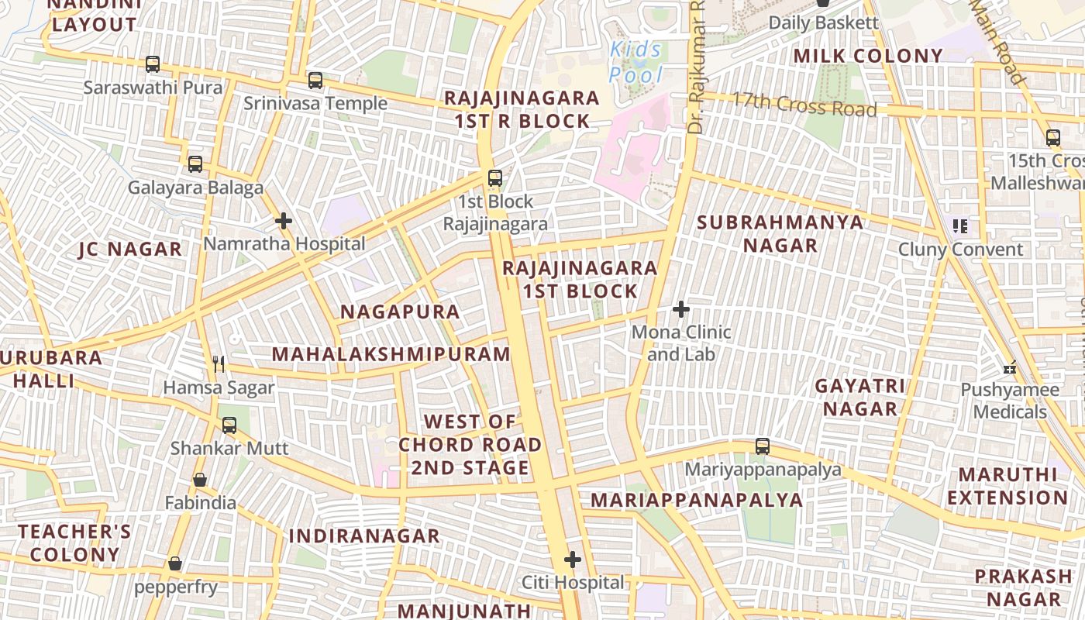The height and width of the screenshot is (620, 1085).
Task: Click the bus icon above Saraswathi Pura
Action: [153, 64]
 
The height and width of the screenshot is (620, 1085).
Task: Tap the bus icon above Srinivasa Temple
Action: [315, 80]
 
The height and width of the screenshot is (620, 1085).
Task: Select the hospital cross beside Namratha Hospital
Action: [284, 221]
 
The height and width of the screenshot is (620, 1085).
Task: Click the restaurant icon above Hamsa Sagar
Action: [219, 363]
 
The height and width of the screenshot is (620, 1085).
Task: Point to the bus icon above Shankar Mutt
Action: [229, 425]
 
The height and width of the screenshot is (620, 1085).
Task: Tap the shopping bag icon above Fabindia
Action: [200, 480]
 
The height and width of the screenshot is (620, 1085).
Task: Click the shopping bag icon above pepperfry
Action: [175, 563]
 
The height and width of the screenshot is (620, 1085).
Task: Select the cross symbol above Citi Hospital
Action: [572, 560]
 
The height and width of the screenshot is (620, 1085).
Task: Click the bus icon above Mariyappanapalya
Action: [763, 446]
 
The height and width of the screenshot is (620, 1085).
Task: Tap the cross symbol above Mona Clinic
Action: [681, 309]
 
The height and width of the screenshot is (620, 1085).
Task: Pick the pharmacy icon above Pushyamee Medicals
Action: [1009, 367]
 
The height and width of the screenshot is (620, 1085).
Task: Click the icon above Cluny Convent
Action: [960, 226]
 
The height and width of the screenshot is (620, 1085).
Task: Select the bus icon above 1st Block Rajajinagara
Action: [494, 178]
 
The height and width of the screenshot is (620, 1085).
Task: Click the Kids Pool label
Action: [636, 63]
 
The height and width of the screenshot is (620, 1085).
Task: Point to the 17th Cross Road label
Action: [804, 103]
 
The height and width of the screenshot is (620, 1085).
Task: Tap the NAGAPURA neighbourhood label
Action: [400, 312]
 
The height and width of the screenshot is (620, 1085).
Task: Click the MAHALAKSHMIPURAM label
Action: [391, 354]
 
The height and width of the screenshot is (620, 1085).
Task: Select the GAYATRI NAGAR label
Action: [860, 397]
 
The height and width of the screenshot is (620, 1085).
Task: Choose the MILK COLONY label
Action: [868, 56]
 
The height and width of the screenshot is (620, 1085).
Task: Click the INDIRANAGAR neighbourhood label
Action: [364, 536]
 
